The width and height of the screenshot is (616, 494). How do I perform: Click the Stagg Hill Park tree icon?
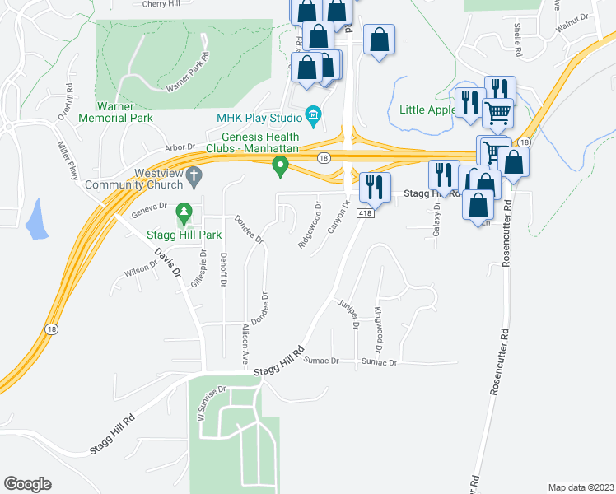coord(185,215)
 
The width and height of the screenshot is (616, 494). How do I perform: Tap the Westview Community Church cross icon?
coord(194,175)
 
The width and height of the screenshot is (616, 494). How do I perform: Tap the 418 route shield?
coord(365,213)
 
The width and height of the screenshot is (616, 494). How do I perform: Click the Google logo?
coord(27,484)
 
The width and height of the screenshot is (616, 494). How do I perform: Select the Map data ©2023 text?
coord(580,487)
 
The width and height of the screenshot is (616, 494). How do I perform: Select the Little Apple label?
coord(427,110)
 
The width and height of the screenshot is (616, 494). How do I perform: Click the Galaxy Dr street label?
coord(437,218)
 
